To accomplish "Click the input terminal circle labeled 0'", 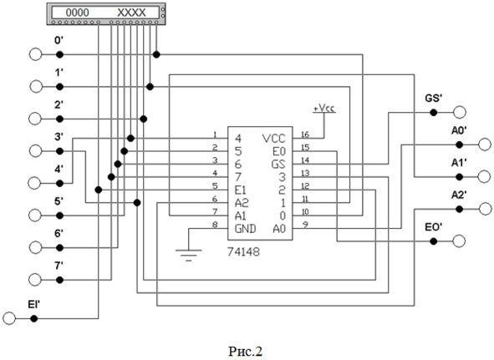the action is tap(35, 54).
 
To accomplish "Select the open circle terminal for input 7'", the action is tap(35, 280).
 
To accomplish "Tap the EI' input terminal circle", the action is tap(9, 318).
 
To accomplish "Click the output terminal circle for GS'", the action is tap(460, 112).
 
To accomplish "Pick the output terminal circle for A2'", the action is tap(485, 209).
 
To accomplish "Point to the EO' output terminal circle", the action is tap(459, 241).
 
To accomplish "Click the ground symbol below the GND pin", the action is tap(188, 255).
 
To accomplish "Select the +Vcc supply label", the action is tap(324, 108).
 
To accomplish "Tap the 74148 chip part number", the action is tap(243, 252).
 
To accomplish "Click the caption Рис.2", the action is tap(245, 351).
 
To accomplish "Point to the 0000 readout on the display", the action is tap(78, 13).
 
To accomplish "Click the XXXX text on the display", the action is tap(131, 13).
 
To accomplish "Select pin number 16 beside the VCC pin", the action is tap(305, 134).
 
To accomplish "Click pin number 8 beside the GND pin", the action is tap(215, 225).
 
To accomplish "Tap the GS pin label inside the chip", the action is tap(278, 165).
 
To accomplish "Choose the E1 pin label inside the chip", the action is tap(241, 190).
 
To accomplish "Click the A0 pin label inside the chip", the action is tap(279, 229).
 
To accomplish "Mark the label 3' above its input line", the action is tap(59, 137).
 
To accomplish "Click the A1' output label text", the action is tap(459, 163).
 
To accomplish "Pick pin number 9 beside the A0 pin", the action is tap(305, 225).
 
